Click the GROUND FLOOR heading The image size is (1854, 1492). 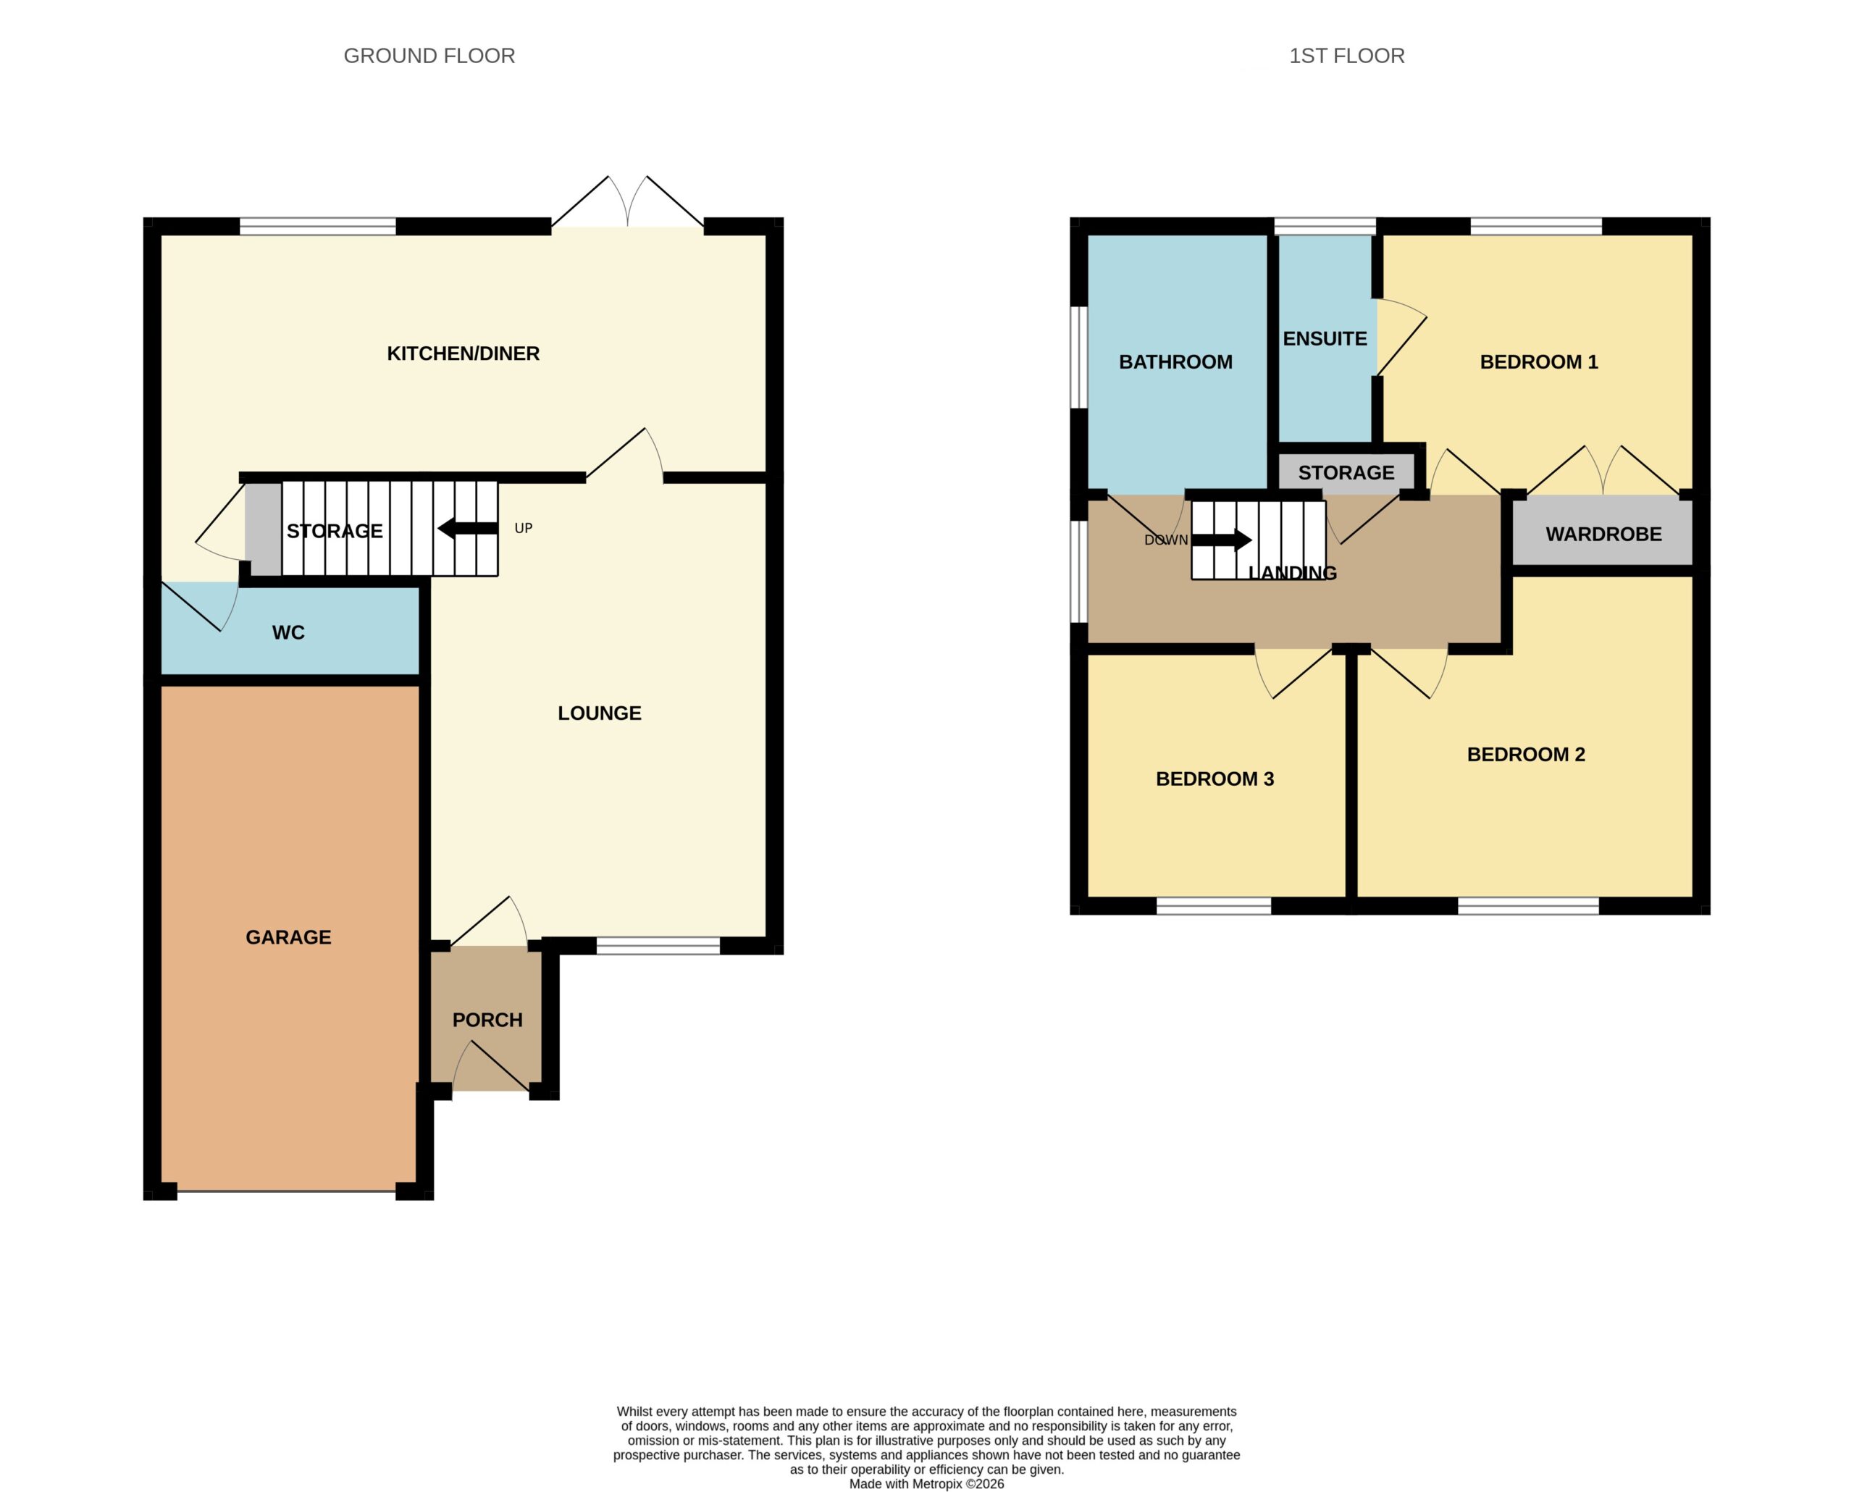click(x=429, y=56)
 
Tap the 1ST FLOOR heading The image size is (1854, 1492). click(x=1346, y=56)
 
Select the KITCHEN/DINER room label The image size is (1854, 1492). click(x=463, y=353)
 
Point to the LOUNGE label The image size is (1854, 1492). click(x=600, y=713)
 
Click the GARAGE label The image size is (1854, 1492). click(x=288, y=937)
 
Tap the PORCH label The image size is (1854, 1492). click(x=487, y=1020)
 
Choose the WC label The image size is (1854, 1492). click(x=288, y=633)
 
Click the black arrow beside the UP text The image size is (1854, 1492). click(x=468, y=529)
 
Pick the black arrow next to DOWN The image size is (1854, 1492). click(x=1221, y=540)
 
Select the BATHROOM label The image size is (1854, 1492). click(x=1175, y=362)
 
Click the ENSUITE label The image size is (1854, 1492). click(x=1325, y=339)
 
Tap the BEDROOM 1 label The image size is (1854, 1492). click(x=1539, y=362)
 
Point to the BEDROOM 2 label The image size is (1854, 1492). click(x=1527, y=754)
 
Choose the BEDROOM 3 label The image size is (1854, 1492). click(x=1215, y=779)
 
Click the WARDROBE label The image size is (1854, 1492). click(x=1603, y=534)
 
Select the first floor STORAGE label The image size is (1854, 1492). click(x=1346, y=473)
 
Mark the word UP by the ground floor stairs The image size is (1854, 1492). click(x=524, y=528)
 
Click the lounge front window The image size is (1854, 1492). click(x=658, y=946)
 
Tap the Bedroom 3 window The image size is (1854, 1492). click(x=1213, y=905)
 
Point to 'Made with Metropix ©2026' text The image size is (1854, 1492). click(x=927, y=1483)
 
